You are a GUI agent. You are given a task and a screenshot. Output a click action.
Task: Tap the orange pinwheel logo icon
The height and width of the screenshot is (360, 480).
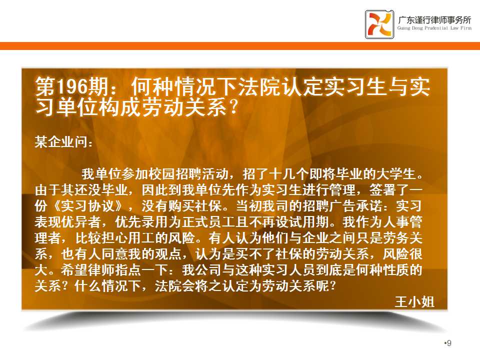coord(379,24)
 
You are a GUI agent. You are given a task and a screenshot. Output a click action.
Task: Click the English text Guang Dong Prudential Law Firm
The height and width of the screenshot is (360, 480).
coord(434,28)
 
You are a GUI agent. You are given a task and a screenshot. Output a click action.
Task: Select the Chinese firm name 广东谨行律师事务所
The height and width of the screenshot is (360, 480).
coord(434,19)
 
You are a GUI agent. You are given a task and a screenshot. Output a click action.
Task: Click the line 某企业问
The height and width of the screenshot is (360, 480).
coord(63,142)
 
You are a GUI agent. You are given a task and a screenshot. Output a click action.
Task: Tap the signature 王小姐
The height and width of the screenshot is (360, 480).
coord(414,301)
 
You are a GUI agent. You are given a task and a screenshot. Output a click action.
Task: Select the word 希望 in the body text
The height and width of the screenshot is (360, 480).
coord(74,269)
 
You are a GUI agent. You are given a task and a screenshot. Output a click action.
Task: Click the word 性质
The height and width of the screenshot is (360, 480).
coord(394,269)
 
